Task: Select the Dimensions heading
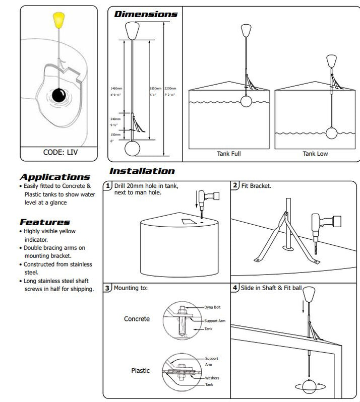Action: click(x=146, y=14)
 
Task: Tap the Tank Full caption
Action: click(x=229, y=154)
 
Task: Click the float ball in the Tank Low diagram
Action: click(x=331, y=133)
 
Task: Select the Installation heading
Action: click(x=142, y=171)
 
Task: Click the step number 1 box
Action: click(x=107, y=186)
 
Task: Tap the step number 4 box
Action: click(x=235, y=288)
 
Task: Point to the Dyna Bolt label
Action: click(x=212, y=307)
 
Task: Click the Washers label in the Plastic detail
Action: click(x=212, y=378)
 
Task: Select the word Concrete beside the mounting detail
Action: click(x=137, y=319)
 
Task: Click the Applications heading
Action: click(x=54, y=177)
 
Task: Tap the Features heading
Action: click(x=45, y=222)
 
